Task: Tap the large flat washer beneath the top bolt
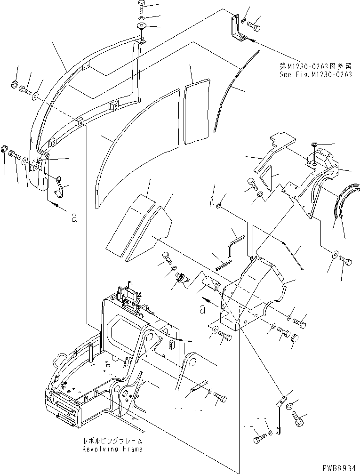[x=141, y=25]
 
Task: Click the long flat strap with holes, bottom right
[x=280, y=414]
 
